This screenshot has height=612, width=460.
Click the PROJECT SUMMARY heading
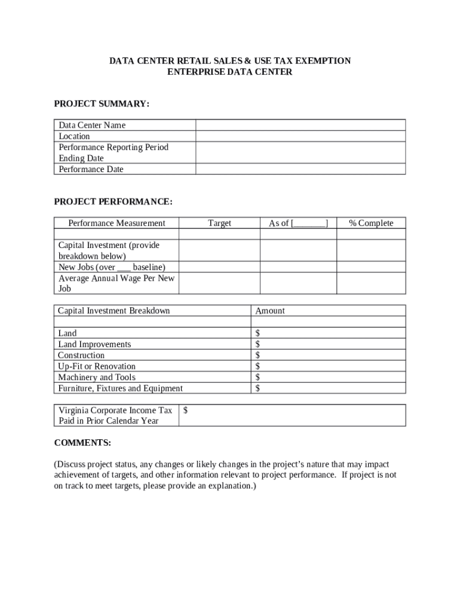pos(102,104)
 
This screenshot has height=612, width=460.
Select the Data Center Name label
pos(92,126)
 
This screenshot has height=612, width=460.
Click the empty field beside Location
pos(300,136)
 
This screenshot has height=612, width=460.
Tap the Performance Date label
pos(91,169)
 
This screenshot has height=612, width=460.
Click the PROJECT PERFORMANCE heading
pos(113,202)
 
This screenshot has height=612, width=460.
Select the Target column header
pos(219,223)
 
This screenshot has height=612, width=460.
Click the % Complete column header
pos(371,223)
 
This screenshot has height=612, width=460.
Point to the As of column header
pos(298,223)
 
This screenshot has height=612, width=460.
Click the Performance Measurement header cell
pos(116,223)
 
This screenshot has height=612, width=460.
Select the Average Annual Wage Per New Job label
pos(116,283)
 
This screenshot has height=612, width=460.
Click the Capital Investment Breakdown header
pos(114,311)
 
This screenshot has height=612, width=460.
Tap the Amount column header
pos(270,311)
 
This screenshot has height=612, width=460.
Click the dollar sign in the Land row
pos(258,333)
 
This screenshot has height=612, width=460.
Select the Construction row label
pos(81,355)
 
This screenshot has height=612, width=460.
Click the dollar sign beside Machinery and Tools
pos(258,377)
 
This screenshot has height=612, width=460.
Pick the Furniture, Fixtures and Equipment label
pos(120,388)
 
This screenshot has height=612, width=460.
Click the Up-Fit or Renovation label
pos(97,366)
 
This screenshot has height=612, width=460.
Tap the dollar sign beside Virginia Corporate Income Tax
pos(186,410)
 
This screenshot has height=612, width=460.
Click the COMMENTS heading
pos(82,443)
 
